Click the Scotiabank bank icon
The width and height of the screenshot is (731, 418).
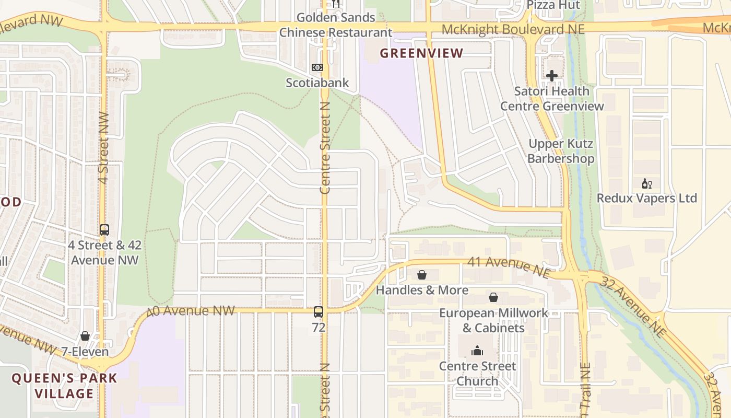pos(317,67)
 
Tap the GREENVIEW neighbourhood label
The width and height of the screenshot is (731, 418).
pos(421,53)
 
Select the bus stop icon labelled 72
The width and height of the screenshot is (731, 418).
pos(319,312)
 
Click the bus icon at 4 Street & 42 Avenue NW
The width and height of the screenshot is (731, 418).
pos(104,229)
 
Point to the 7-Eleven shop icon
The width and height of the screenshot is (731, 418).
pos(85,336)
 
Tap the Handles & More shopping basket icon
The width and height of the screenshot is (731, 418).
pos(422,275)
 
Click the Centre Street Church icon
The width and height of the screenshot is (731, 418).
pos(477,351)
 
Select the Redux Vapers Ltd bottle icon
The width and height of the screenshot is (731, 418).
pos(646,184)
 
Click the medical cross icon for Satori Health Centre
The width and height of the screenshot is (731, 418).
pos(552,76)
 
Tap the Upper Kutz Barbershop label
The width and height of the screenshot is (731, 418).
pos(561,151)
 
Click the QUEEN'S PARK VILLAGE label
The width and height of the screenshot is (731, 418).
pos(65,386)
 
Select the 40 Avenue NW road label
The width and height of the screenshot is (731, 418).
pos(191,311)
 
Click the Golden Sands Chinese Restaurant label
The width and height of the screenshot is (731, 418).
pos(336,25)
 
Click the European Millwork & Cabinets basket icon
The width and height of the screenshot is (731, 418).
pos(493,298)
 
